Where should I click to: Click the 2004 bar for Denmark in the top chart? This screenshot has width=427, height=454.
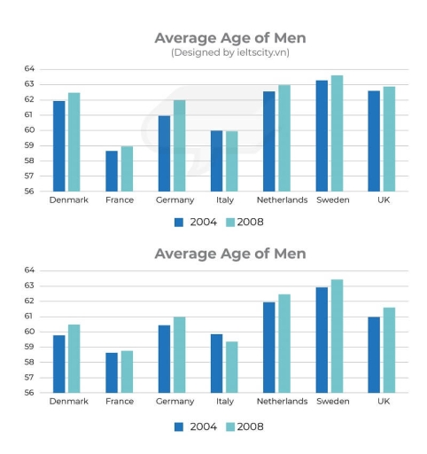click(58, 146)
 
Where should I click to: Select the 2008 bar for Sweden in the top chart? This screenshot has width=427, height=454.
click(337, 133)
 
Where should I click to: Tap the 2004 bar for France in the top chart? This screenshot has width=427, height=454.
click(112, 171)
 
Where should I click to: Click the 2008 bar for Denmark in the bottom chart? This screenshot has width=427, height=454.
click(74, 358)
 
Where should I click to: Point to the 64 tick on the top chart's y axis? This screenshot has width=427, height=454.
click(29, 68)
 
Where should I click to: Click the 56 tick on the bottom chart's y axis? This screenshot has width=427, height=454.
click(29, 393)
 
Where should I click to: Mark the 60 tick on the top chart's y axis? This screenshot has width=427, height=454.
click(29, 130)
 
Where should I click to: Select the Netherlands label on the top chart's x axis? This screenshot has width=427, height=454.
click(283, 200)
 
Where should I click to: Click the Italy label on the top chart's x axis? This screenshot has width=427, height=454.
click(224, 200)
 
